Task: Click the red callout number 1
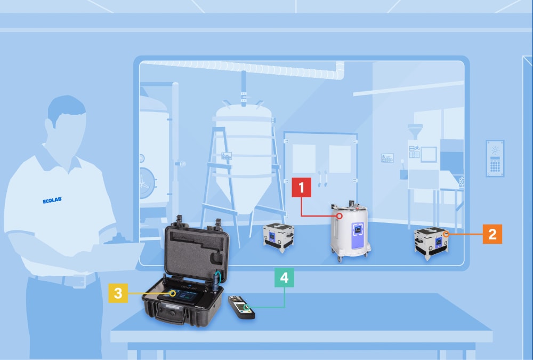(302, 188)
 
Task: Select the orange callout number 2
(492, 234)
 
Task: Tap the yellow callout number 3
(118, 293)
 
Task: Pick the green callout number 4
(284, 278)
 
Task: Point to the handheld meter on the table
(241, 307)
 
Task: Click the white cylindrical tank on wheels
(350, 229)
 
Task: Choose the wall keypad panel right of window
(495, 158)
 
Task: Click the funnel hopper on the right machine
(414, 131)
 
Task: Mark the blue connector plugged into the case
(216, 279)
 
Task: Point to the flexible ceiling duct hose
(240, 67)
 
